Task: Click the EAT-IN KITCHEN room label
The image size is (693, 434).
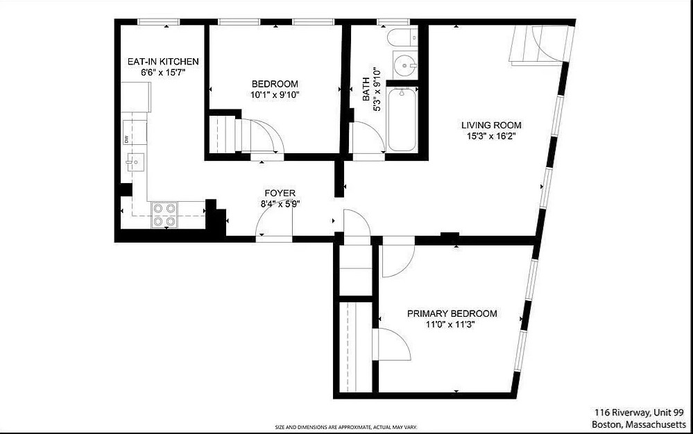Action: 163,62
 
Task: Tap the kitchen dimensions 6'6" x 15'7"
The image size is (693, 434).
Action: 163,72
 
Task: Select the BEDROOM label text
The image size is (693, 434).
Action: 275,84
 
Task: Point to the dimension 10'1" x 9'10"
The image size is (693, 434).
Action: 275,95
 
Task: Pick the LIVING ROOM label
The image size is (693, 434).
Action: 491,125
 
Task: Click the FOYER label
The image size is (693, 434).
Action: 280,193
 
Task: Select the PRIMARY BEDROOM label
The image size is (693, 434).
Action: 452,313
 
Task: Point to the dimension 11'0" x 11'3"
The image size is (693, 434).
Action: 452,324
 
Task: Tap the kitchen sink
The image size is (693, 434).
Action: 134,162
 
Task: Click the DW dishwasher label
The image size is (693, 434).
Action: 127,139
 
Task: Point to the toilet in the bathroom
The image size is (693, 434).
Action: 401,37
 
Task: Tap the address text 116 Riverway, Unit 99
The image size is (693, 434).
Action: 639,412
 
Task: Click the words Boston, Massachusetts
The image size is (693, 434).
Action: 639,424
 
